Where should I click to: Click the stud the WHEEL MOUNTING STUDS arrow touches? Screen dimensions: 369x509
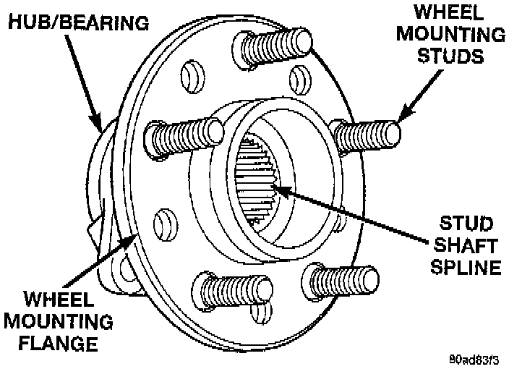pyautogui.click(x=369, y=135)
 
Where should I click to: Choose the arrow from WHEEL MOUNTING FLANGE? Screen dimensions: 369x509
pyautogui.click(x=94, y=268)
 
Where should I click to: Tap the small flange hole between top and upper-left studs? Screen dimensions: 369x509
pyautogui.click(x=189, y=72)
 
